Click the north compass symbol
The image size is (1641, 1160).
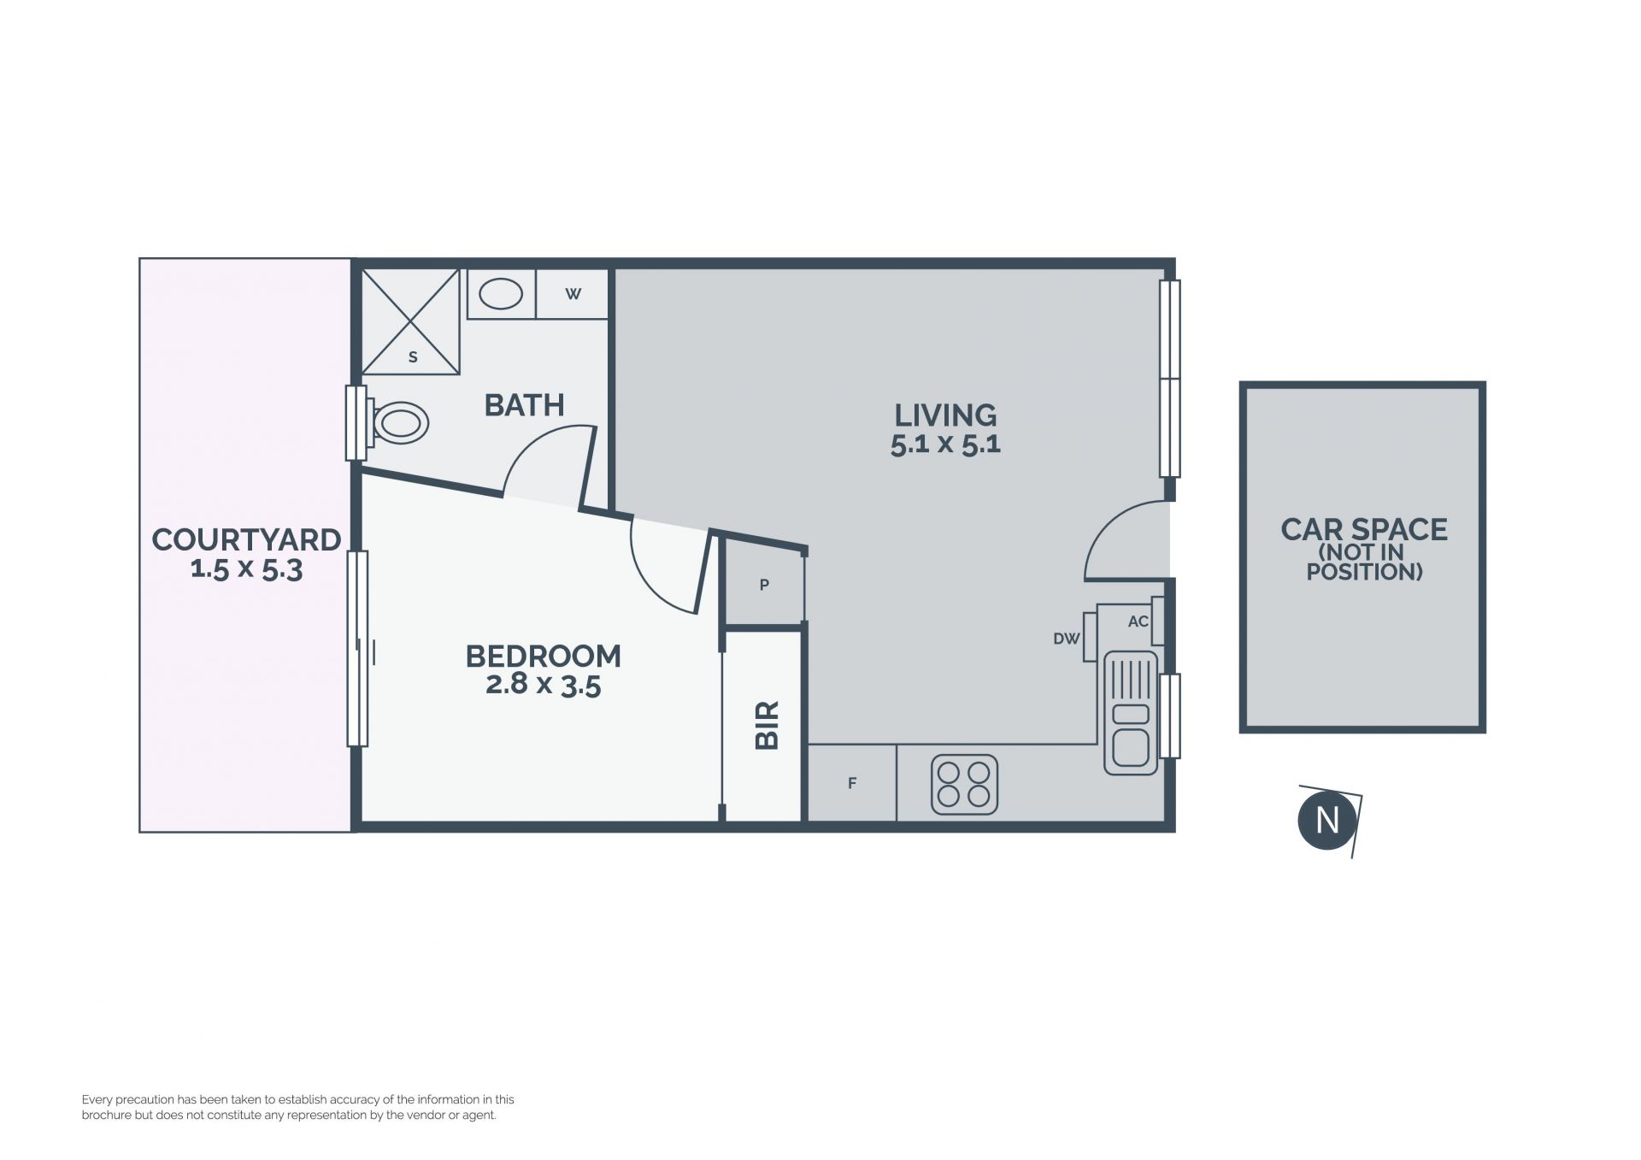click(x=1327, y=821)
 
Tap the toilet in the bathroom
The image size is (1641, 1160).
click(x=398, y=422)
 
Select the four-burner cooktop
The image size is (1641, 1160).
click(x=964, y=785)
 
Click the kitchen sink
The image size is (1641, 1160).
click(x=1131, y=713)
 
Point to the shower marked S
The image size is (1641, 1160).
click(x=411, y=321)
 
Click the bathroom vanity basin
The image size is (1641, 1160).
click(x=501, y=294)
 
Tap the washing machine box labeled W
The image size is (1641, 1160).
click(x=573, y=294)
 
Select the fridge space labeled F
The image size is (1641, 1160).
click(x=852, y=783)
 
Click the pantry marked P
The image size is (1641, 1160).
click(x=764, y=586)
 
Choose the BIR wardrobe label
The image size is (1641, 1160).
click(x=768, y=726)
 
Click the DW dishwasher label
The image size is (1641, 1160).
click(x=1067, y=639)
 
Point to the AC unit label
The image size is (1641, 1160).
click(x=1138, y=621)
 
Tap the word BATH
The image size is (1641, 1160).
click(x=524, y=405)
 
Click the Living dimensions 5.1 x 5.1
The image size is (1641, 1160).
click(x=945, y=445)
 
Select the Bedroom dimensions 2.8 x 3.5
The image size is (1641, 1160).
click(x=544, y=685)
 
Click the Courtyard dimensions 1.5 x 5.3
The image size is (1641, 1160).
click(x=246, y=568)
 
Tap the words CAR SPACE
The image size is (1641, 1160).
click(x=1364, y=529)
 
